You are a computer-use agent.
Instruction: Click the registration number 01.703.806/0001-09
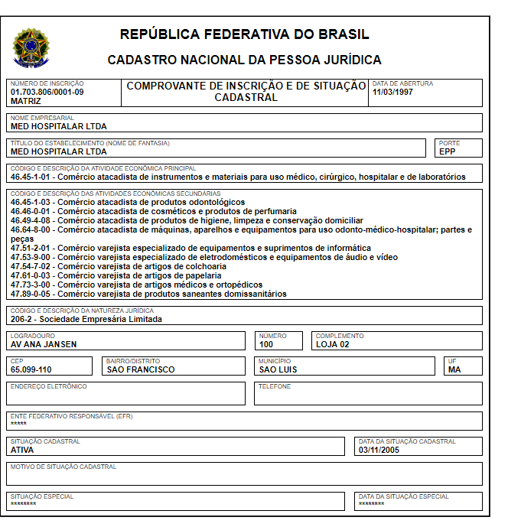pyautogui.click(x=47, y=92)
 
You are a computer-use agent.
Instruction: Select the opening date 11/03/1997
pyautogui.click(x=392, y=92)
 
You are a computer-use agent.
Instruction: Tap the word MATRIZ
pyautogui.click(x=26, y=100)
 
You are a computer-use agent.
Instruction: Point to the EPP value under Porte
pyautogui.click(x=447, y=151)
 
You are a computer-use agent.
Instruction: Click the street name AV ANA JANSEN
pyautogui.click(x=44, y=344)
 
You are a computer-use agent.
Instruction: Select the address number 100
pyautogui.click(x=265, y=344)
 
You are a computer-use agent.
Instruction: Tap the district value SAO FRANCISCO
pyautogui.click(x=141, y=369)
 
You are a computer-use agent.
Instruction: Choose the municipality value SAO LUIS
pyautogui.click(x=278, y=369)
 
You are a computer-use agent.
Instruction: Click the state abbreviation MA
pyautogui.click(x=454, y=369)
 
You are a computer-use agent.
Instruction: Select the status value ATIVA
pyautogui.click(x=22, y=450)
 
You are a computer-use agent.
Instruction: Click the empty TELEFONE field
pyautogui.click(x=368, y=395)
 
